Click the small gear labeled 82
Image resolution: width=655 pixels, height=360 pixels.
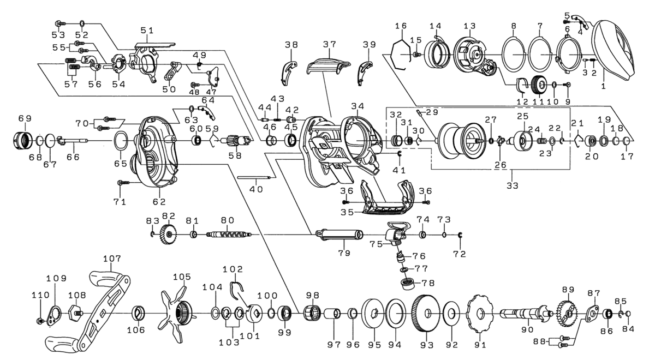(x=170, y=235)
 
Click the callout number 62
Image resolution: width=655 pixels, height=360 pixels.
(x=159, y=201)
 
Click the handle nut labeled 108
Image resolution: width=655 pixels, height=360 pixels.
(x=75, y=314)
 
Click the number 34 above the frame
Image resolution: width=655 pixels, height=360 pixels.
(x=358, y=105)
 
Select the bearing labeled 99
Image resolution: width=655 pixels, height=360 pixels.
(x=284, y=314)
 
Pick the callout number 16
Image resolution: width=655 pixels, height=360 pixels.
(x=401, y=26)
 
